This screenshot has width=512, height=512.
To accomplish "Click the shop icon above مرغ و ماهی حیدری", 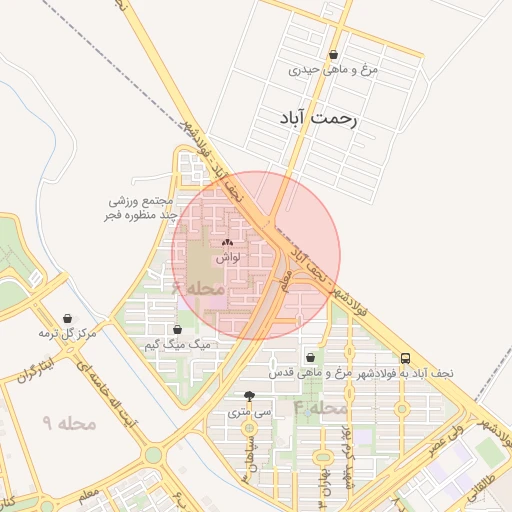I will click(x=333, y=55).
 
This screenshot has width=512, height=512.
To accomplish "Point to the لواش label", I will click(x=226, y=257).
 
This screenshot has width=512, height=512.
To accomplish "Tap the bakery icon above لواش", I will click(x=226, y=242).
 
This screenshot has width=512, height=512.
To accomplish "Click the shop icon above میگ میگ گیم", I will click(x=177, y=329).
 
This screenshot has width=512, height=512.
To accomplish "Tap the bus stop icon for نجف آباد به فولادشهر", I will click(x=405, y=357).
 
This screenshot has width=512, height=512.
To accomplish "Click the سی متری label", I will click(x=249, y=410).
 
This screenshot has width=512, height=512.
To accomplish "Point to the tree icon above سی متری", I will click(x=249, y=396).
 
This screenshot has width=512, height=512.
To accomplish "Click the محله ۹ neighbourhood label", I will click(x=69, y=424).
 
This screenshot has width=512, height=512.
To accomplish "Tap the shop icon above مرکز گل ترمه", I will click(x=68, y=318).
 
